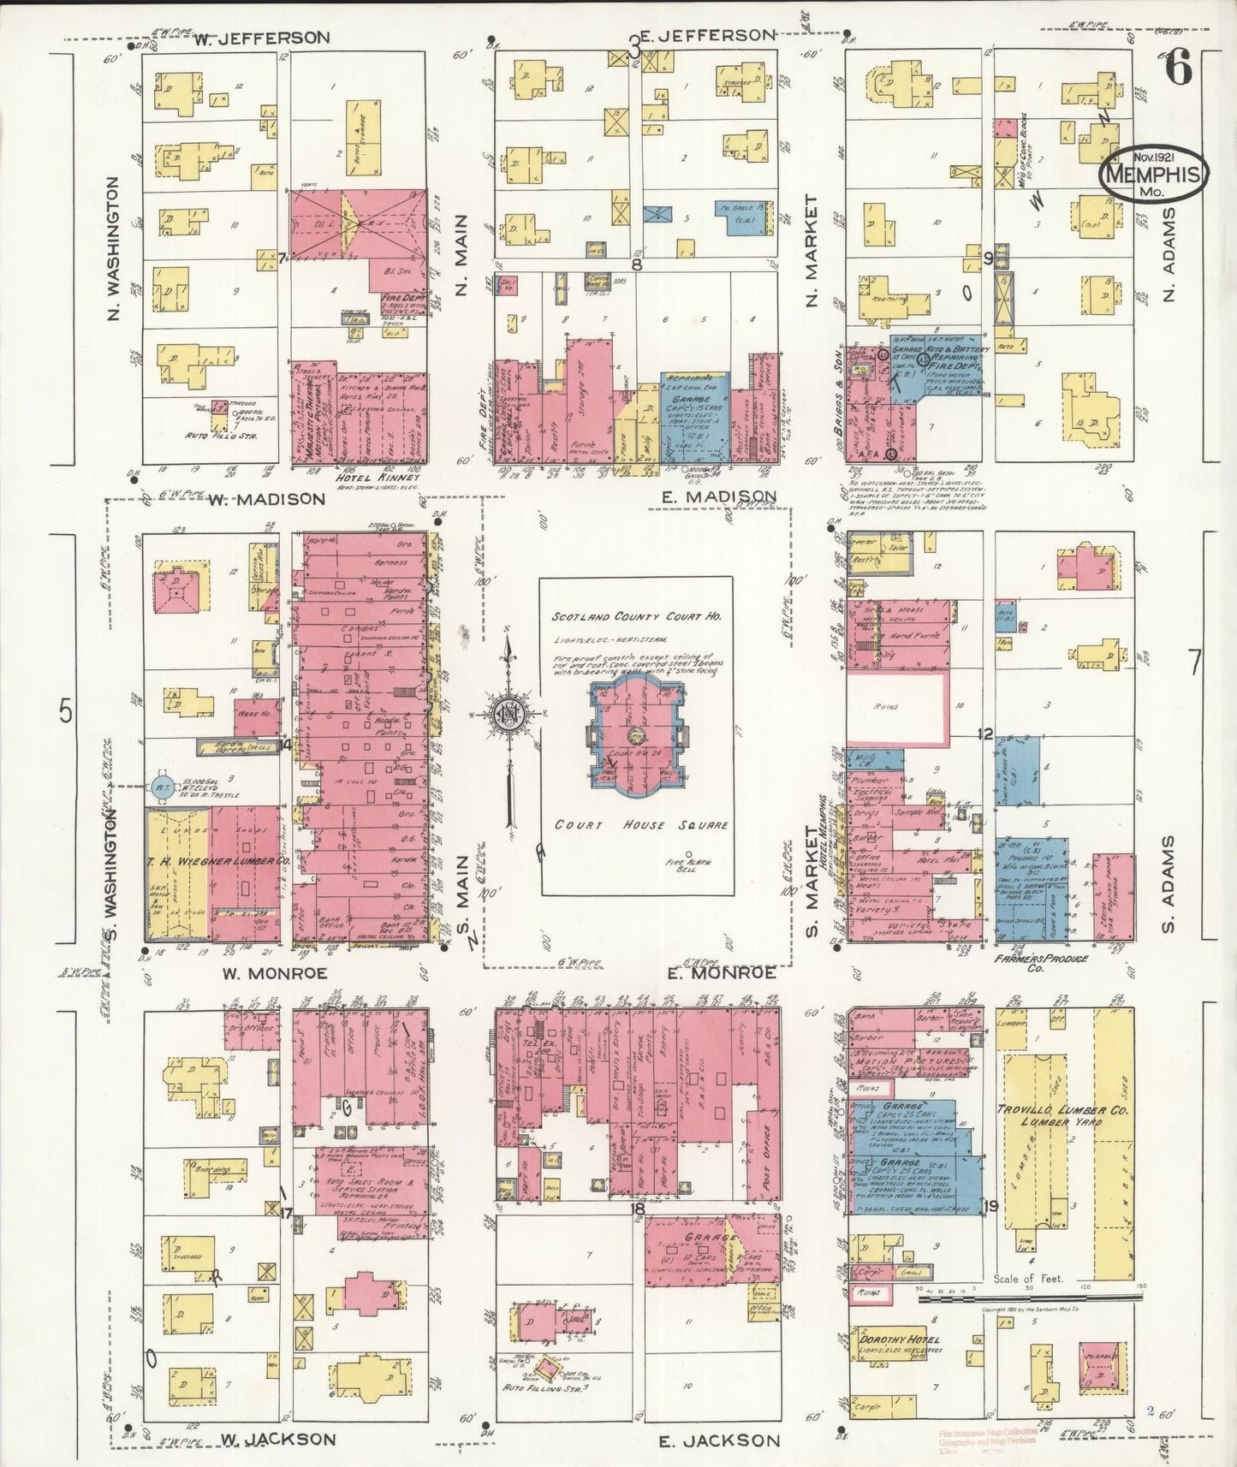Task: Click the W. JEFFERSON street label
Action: (261, 38)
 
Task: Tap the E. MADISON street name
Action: (719, 496)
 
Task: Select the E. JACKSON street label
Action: (719, 1440)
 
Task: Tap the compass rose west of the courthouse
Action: (508, 714)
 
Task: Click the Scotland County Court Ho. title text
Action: (636, 616)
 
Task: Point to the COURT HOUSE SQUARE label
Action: (641, 825)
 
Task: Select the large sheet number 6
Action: (1179, 68)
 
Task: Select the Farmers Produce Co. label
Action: (1041, 963)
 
